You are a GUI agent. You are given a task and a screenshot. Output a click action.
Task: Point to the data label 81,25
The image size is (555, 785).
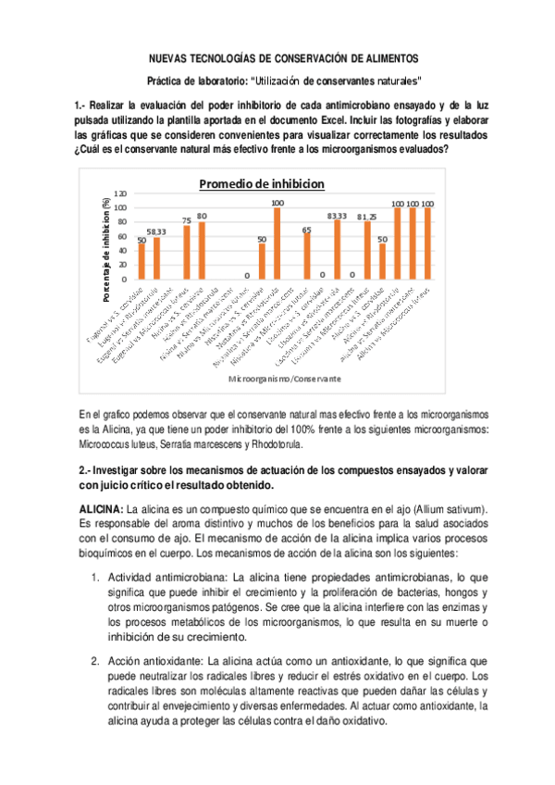(x=366, y=217)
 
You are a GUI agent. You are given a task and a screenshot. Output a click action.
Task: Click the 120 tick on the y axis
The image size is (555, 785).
(x=121, y=193)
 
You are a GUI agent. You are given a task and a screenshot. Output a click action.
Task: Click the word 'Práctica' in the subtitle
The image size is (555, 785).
(x=169, y=81)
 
